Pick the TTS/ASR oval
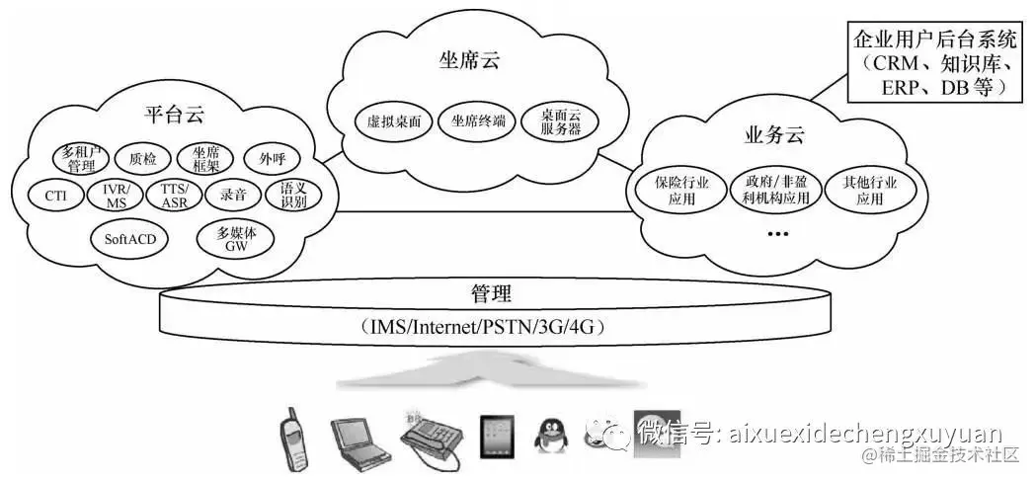(x=174, y=195)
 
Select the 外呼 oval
(x=272, y=158)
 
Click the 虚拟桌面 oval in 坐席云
(x=394, y=121)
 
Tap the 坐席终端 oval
(x=478, y=121)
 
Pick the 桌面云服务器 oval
(x=560, y=121)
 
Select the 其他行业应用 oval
(x=869, y=191)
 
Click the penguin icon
(x=550, y=436)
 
